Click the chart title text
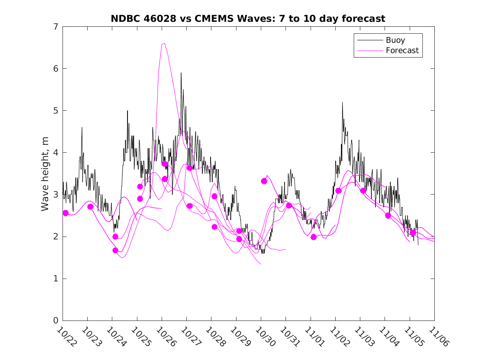pyautogui.click(x=248, y=19)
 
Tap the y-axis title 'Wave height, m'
pyautogui.click(x=45, y=174)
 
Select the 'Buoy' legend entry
pyautogui.click(x=395, y=40)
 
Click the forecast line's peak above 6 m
pyautogui.click(x=164, y=43)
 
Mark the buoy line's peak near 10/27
pyautogui.click(x=181, y=73)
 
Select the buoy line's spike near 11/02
pyautogui.click(x=342, y=102)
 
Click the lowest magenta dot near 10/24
pyautogui.click(x=115, y=250)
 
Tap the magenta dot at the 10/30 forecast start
pyautogui.click(x=264, y=181)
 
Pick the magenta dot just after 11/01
pyautogui.click(x=313, y=237)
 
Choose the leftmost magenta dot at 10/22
pyautogui.click(x=65, y=213)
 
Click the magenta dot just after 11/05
pyautogui.click(x=413, y=232)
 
